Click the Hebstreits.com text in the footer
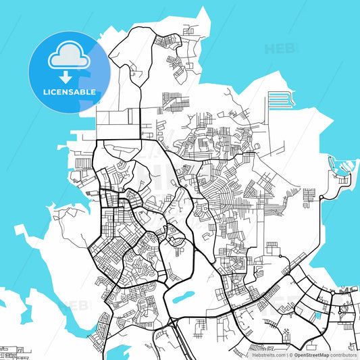(x=268, y=354)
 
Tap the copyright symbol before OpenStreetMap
(x=291, y=354)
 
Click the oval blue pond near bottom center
(x=183, y=297)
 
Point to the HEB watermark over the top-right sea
(x=279, y=49)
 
